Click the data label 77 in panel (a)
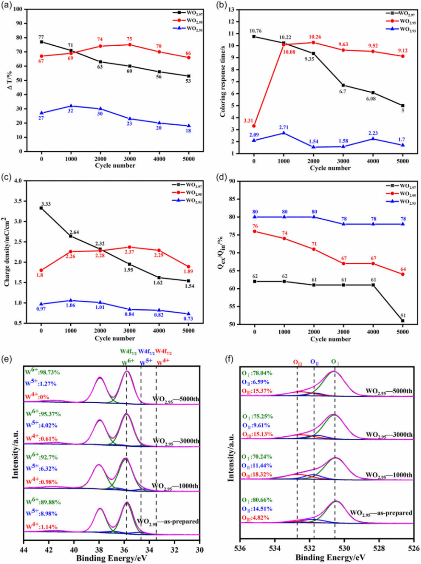click(x=42, y=36)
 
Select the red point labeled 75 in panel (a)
click(x=130, y=44)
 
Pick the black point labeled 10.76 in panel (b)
click(x=254, y=36)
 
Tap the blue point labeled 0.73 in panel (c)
click(x=188, y=314)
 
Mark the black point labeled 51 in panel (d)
click(x=403, y=321)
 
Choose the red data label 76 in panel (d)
click(x=255, y=225)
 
